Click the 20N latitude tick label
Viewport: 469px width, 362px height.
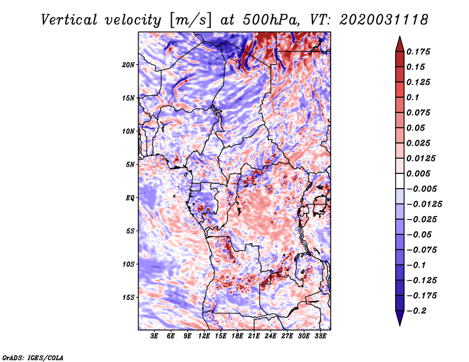click(x=128, y=64)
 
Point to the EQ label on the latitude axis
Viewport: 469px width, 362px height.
click(x=130, y=198)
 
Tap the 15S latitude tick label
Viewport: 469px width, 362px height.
click(x=128, y=298)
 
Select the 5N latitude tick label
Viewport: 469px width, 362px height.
click(x=130, y=165)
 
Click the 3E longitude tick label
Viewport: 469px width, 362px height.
click(x=154, y=337)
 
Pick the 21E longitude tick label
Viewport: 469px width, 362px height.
click(x=254, y=337)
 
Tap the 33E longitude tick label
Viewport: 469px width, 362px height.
click(x=320, y=337)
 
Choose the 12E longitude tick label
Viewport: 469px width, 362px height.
click(x=204, y=337)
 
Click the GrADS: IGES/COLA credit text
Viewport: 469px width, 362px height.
click(x=32, y=357)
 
